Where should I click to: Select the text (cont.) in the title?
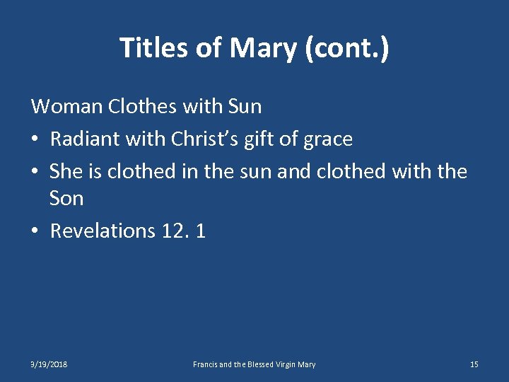click(x=354, y=48)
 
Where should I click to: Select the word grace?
click(x=327, y=140)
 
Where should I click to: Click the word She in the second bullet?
click(x=66, y=170)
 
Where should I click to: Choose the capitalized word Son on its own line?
click(x=66, y=199)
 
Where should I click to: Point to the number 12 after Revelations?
click(x=170, y=231)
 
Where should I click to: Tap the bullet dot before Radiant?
click(x=36, y=139)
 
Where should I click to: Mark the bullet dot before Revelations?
click(x=36, y=231)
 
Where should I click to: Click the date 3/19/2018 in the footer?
click(x=49, y=364)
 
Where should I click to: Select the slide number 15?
click(x=474, y=364)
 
